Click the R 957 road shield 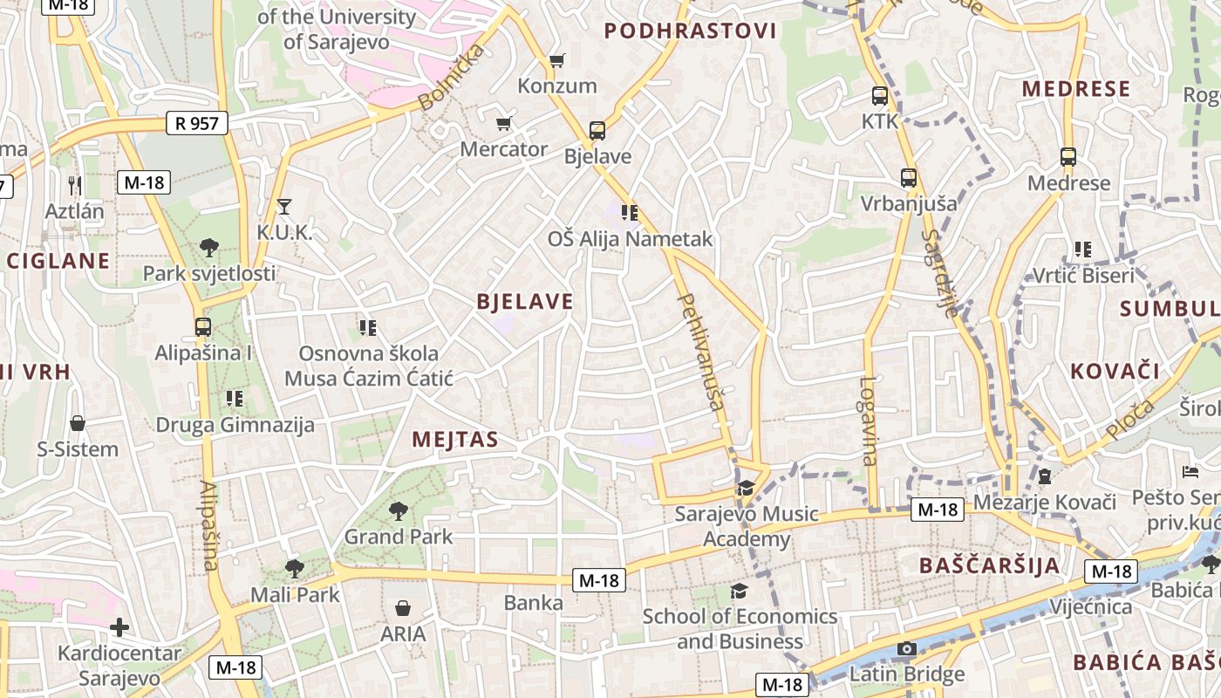pos(197,123)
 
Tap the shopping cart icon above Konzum pos(556,60)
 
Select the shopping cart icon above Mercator pos(503,123)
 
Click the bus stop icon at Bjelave pos(597,131)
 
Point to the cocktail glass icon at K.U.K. pos(283,207)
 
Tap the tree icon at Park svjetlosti pos(208,247)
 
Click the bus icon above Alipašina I pos(203,327)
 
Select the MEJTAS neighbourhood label pos(454,439)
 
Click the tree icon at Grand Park pos(398,510)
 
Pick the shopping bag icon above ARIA pos(403,607)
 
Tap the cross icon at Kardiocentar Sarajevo pos(119,627)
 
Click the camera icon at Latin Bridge pos(907,648)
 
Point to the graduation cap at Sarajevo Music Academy pos(745,488)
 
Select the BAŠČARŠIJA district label pos(990,565)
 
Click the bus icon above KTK pos(879,96)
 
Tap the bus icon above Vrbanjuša pos(909,178)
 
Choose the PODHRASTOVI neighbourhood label pos(690,31)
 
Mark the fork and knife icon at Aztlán pos(75,185)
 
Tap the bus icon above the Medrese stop pos(1068,157)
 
